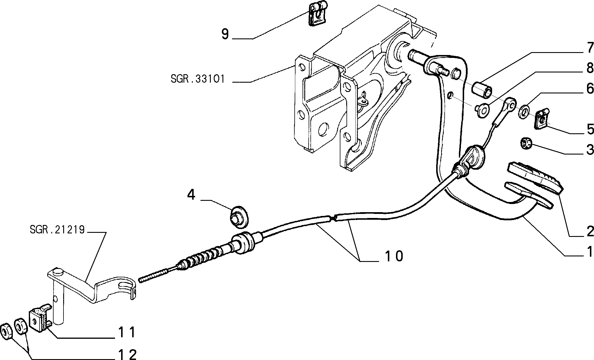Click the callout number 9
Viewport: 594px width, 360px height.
[x=225, y=34]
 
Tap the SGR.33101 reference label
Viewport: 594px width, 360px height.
[x=198, y=79]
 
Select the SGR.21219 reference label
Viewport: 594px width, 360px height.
[x=57, y=230]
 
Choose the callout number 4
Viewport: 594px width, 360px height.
[x=191, y=195]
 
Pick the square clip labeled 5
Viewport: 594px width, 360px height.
[x=541, y=118]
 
